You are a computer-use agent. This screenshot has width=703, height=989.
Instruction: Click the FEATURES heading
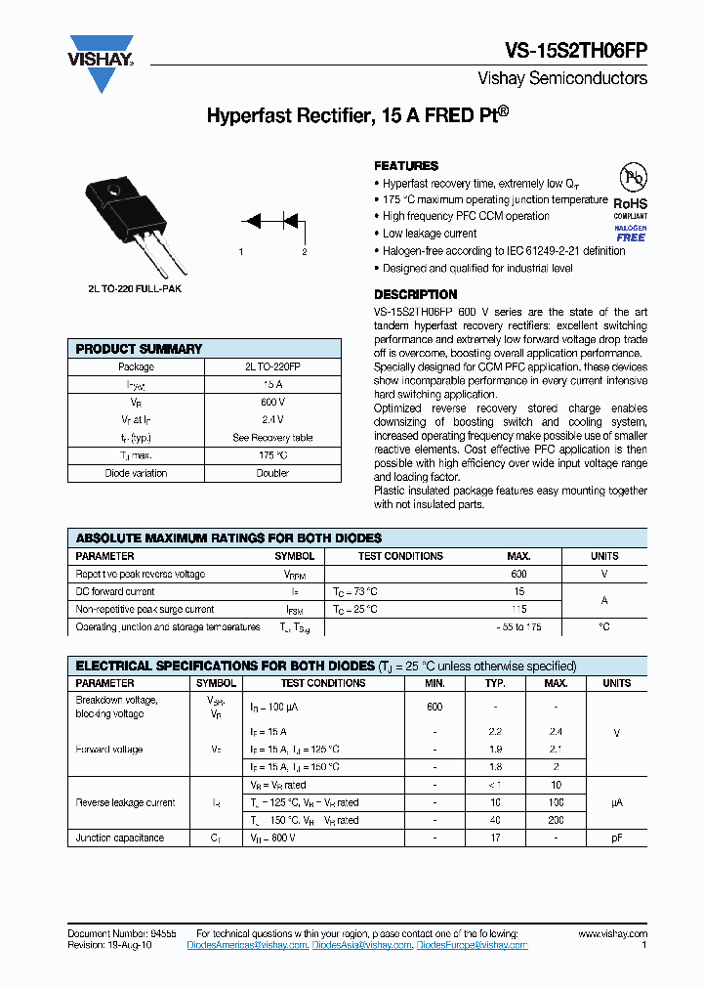click(x=406, y=166)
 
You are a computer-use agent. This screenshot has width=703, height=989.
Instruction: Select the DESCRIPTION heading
click(x=415, y=294)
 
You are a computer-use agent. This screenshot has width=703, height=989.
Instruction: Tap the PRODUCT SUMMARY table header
click(x=139, y=349)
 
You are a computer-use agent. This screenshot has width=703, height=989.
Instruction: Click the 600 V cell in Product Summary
click(x=272, y=402)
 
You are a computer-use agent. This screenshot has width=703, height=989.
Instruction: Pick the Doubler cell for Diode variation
click(x=272, y=473)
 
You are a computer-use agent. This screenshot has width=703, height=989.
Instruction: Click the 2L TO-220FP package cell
click(x=272, y=366)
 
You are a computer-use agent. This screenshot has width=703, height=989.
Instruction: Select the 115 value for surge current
click(x=518, y=609)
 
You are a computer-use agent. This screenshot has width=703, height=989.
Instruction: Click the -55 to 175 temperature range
click(x=518, y=626)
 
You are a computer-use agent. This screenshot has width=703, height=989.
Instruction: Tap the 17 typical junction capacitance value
click(x=495, y=838)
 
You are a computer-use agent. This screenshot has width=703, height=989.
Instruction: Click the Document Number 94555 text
click(x=122, y=934)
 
